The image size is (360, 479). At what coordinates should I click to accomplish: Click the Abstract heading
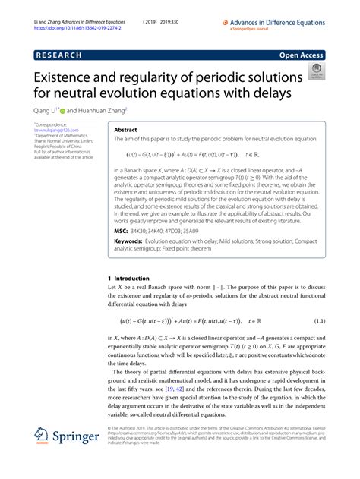point(125,130)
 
